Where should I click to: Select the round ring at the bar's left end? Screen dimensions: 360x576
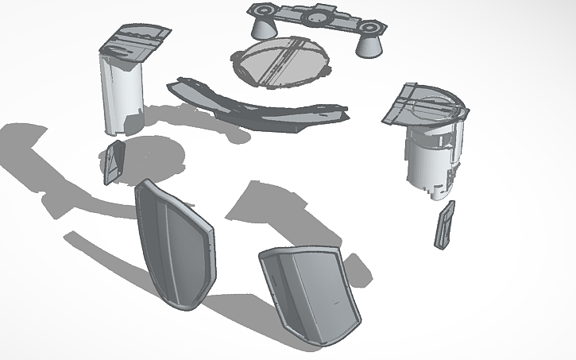(261, 9)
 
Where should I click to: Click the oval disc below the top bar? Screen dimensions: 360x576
(280, 64)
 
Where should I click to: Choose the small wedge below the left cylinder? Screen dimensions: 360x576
(114, 163)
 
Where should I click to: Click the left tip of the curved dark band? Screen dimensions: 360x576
(172, 84)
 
